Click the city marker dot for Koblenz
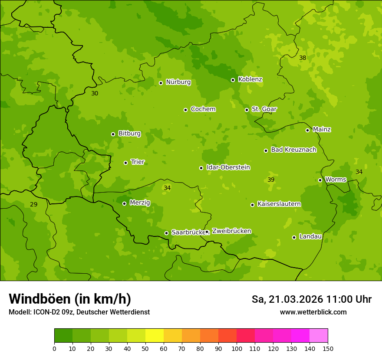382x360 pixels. click(x=233, y=80)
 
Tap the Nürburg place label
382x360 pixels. click(x=178, y=82)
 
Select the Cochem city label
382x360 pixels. click(x=203, y=109)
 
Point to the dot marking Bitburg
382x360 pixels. click(x=113, y=134)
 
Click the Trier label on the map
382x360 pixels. click(x=138, y=162)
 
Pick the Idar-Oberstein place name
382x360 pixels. click(x=228, y=167)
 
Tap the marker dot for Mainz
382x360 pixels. click(x=307, y=130)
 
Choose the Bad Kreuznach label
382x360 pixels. click(x=293, y=150)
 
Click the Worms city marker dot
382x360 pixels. click(x=320, y=180)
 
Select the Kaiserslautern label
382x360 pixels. click(x=279, y=204)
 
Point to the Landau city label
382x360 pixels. click(x=310, y=236)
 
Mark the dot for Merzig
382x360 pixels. click(x=124, y=203)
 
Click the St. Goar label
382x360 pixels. click(x=264, y=109)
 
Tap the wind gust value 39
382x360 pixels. click(x=271, y=180)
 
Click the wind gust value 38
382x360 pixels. click(x=303, y=58)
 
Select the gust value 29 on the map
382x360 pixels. click(x=33, y=204)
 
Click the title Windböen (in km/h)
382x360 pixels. click(x=70, y=299)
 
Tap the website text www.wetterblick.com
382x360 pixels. click(x=313, y=312)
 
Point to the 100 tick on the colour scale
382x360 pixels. click(x=237, y=348)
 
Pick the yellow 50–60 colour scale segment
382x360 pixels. click(x=155, y=336)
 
